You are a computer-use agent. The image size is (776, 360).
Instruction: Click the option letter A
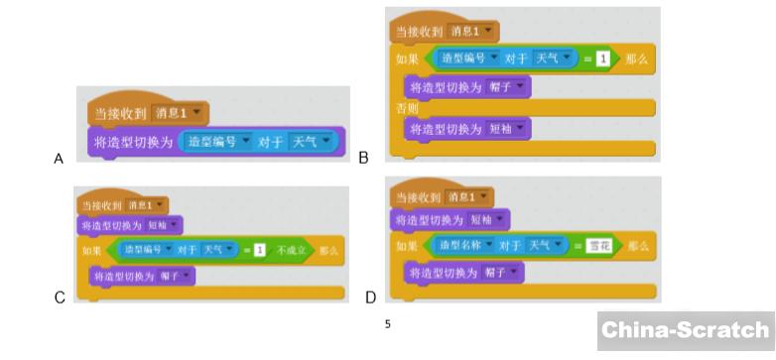59,159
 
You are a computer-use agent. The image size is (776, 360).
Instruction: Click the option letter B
364,157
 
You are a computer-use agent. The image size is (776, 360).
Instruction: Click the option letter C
60,297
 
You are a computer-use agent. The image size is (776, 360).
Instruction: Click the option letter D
370,297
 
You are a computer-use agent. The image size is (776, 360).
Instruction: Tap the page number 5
387,323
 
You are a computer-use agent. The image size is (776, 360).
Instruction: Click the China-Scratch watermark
686,330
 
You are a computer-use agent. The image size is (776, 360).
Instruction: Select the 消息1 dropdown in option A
175,112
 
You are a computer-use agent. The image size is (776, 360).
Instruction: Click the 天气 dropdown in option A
313,142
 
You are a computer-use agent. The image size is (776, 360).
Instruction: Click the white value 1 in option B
601,60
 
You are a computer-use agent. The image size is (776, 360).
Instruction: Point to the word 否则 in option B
407,108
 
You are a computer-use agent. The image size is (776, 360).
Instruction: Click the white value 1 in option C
259,250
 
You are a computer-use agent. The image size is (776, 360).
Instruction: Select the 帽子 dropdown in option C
173,276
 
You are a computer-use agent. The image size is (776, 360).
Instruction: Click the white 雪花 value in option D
596,245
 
